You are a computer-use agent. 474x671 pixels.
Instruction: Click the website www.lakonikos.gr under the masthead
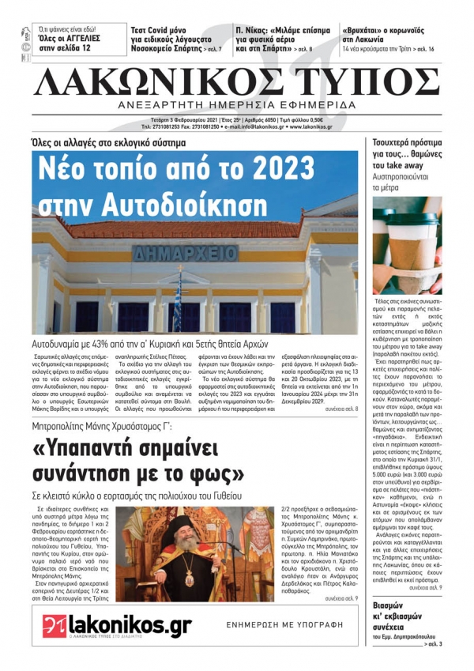coord(304,126)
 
